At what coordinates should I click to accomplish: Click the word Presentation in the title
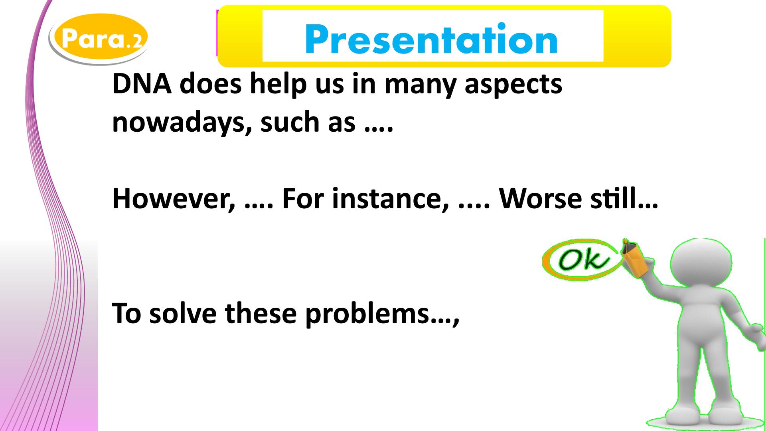coord(431,39)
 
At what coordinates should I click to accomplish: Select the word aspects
coord(513,86)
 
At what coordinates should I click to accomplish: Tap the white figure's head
coord(701,263)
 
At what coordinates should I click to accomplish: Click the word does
coord(211,85)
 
